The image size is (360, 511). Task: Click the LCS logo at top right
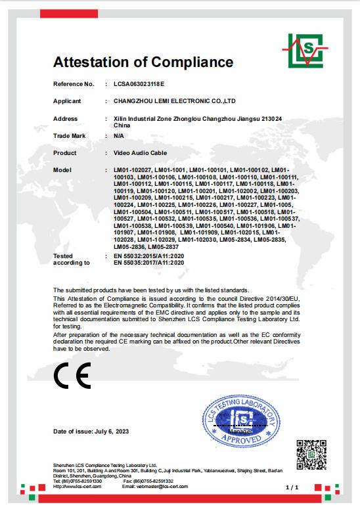click(x=306, y=50)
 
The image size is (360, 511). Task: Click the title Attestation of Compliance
click(x=143, y=62)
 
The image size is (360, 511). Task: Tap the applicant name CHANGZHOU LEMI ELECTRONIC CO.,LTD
click(x=173, y=101)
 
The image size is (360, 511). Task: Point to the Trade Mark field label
click(x=70, y=135)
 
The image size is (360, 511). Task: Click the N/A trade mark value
click(x=119, y=135)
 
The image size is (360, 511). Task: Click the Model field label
click(x=62, y=169)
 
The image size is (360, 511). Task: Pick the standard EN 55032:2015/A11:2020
click(x=149, y=255)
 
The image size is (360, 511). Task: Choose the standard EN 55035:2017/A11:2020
click(x=149, y=262)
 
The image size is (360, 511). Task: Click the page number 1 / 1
click(x=292, y=488)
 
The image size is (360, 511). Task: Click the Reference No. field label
click(x=74, y=85)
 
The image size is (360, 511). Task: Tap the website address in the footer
click(x=78, y=486)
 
